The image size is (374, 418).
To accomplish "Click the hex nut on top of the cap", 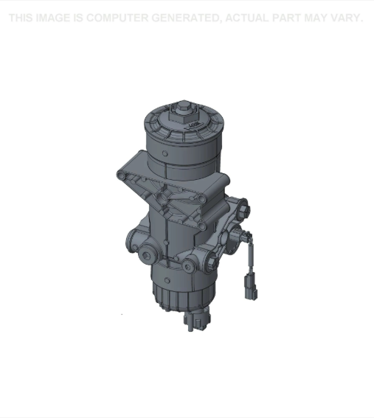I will click(x=180, y=113).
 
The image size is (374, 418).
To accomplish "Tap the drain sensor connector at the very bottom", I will click(x=195, y=319).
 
